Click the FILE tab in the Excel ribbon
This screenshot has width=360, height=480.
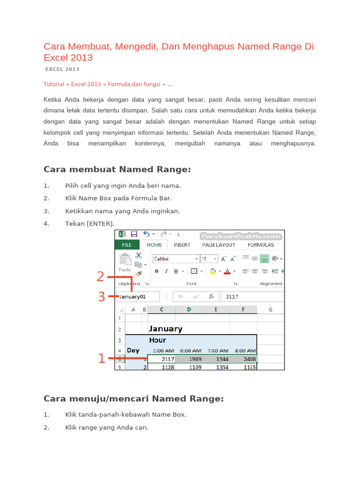click(x=127, y=245)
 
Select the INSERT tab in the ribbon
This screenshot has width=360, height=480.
click(x=182, y=245)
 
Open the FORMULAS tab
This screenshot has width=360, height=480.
click(x=261, y=245)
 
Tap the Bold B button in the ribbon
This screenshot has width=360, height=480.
click(x=157, y=271)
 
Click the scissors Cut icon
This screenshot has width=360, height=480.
click(x=138, y=255)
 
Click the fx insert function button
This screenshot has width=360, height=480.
click(x=211, y=296)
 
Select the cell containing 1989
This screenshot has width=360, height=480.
click(x=189, y=359)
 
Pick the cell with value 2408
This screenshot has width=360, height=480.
click(x=243, y=359)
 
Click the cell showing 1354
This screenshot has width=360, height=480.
click(x=216, y=367)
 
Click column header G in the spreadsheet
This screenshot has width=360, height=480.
click(x=270, y=309)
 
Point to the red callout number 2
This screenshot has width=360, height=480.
click(x=100, y=277)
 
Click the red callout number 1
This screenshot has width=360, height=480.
click(x=101, y=359)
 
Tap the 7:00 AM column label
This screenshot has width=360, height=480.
click(x=216, y=350)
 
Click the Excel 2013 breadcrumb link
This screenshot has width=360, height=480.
click(x=86, y=84)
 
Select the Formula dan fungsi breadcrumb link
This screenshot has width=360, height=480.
click(x=134, y=84)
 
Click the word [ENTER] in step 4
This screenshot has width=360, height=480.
click(x=100, y=224)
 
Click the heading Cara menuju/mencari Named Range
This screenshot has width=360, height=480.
click(x=134, y=398)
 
